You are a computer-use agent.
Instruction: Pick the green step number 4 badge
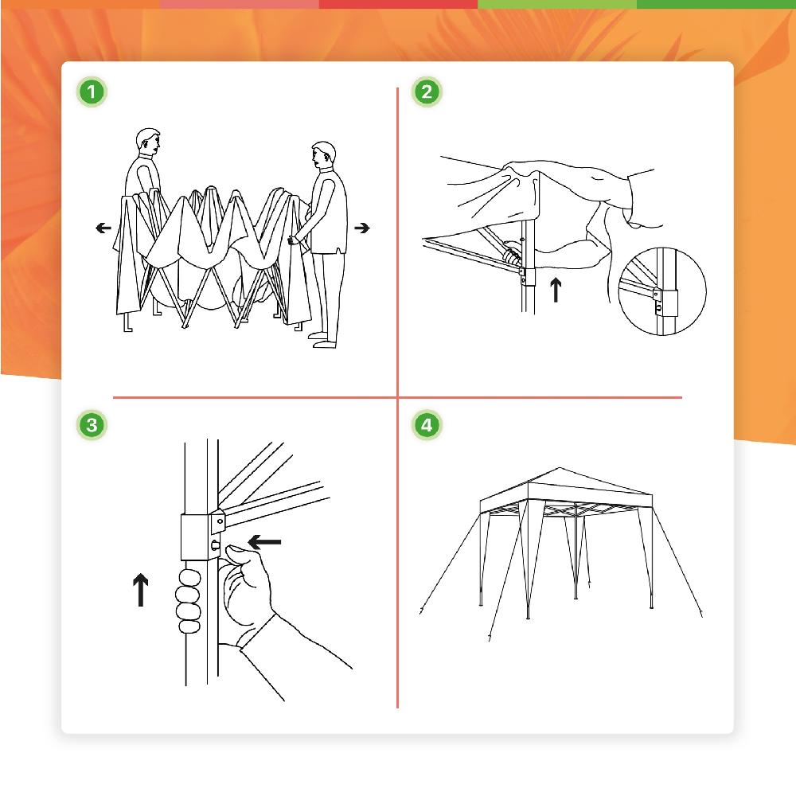427,425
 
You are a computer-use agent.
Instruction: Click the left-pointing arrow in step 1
103,228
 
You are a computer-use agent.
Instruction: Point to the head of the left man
147,142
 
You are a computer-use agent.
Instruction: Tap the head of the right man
322,155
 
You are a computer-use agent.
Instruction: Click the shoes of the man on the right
323,341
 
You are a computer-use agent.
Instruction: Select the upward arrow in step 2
556,289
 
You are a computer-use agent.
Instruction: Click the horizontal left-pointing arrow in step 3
266,542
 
